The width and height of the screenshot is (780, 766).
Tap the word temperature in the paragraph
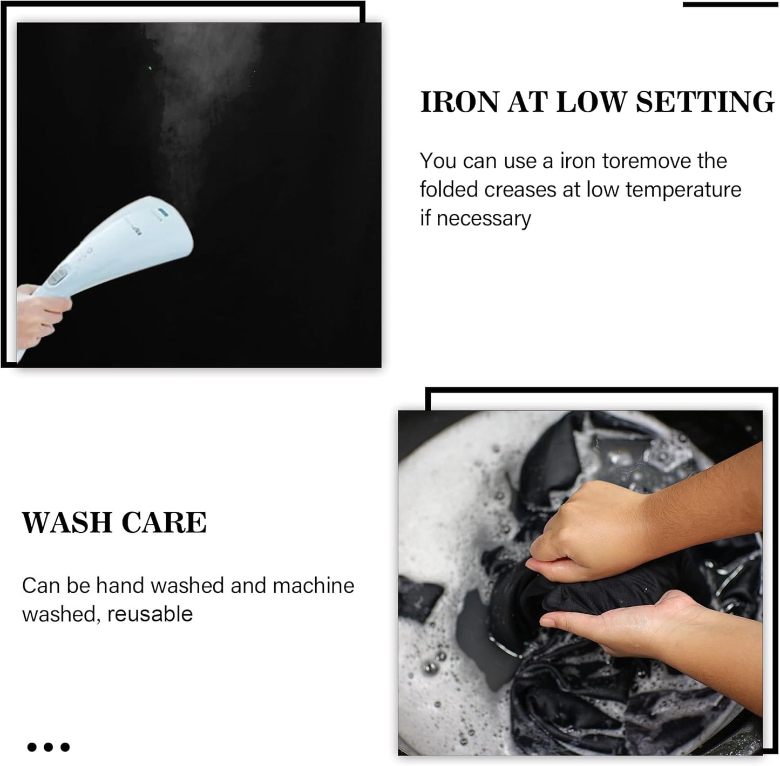pos(683,190)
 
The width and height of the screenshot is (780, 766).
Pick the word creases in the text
pos(520,190)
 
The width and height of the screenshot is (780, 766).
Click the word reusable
pos(150,614)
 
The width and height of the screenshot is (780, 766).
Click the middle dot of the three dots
pos(49,747)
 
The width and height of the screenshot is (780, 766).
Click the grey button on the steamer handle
pos(58,277)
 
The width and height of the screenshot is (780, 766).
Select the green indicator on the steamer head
pos(163,212)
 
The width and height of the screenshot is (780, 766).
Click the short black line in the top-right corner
pos(731,4)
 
